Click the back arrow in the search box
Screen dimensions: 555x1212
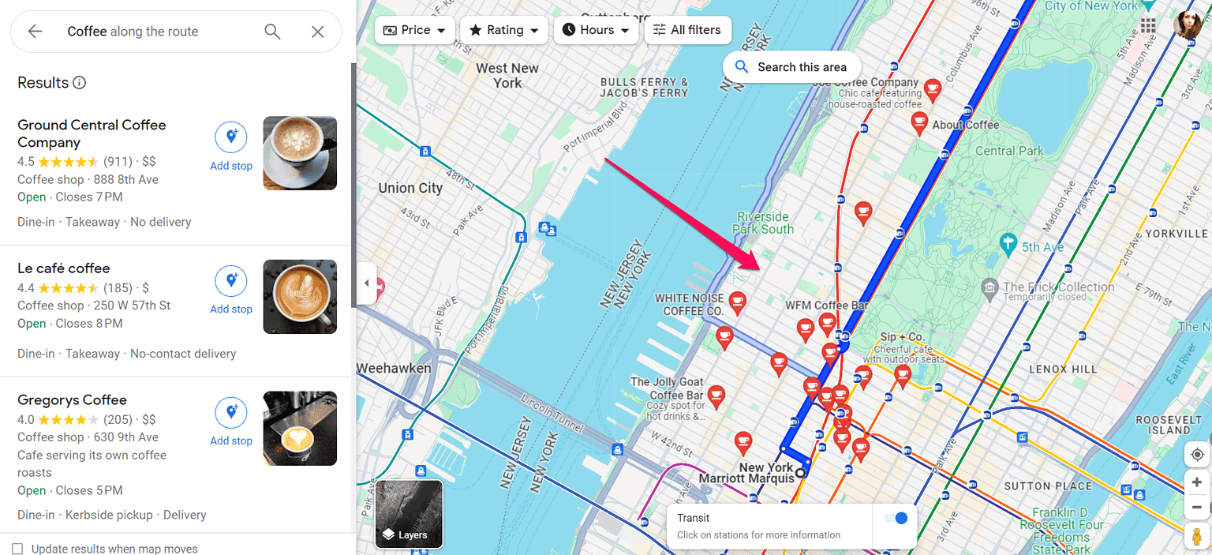[35, 32]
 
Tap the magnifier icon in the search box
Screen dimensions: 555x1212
[272, 32]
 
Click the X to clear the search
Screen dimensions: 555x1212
[317, 32]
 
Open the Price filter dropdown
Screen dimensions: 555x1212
[414, 30]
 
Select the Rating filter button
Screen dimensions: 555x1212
[504, 30]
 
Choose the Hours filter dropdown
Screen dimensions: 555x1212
[596, 30]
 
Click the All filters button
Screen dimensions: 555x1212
[687, 30]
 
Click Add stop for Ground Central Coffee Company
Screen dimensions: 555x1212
[231, 146]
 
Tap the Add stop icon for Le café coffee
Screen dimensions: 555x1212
[231, 281]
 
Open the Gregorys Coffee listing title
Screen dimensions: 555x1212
[72, 400]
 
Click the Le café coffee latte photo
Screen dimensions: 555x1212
[300, 297]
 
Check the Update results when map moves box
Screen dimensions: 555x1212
[17, 549]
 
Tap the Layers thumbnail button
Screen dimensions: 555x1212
[409, 514]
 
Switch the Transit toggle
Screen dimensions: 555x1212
[896, 519]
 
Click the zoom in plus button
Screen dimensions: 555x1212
[1197, 482]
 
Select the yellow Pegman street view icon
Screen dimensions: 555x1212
[1197, 535]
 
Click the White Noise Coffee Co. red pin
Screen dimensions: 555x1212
[737, 300]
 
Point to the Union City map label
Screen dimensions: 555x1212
[410, 188]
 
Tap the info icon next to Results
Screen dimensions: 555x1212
[79, 83]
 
